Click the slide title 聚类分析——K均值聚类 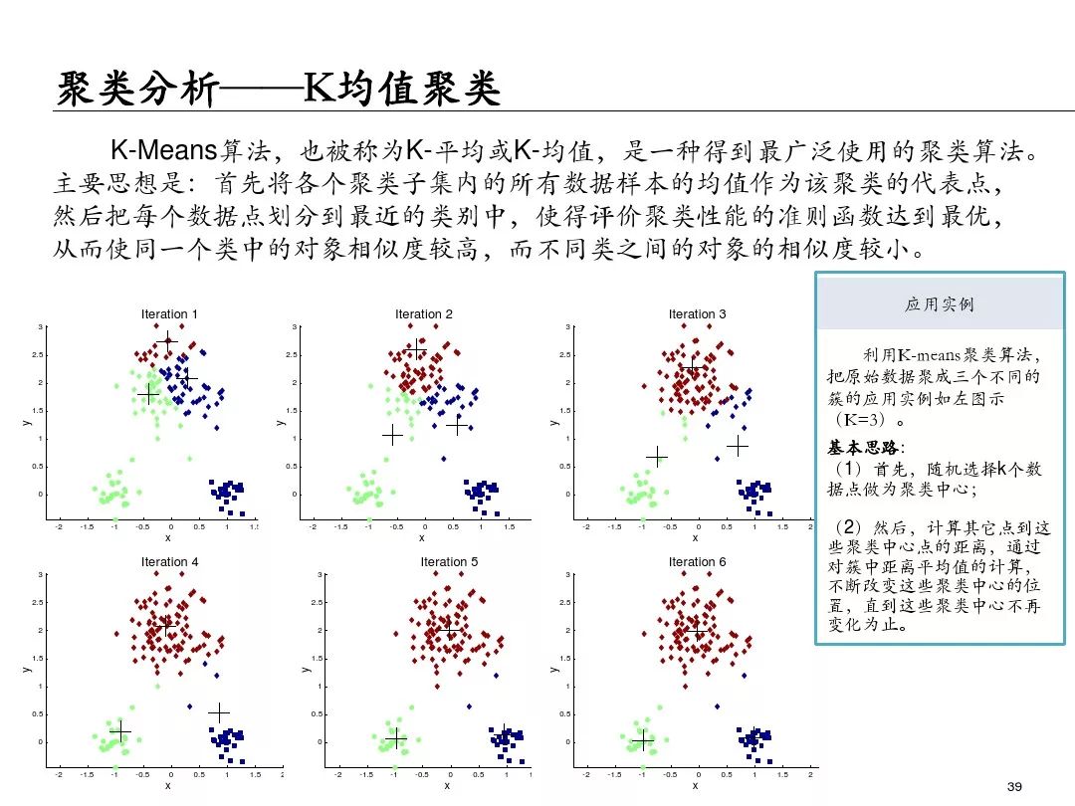tap(278, 90)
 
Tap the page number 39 tap(1015, 787)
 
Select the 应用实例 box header tap(939, 304)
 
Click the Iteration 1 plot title tap(169, 314)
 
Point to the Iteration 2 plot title tap(423, 314)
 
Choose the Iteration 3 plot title tap(697, 314)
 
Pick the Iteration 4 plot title tap(169, 562)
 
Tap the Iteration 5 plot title tap(449, 562)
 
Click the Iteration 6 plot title tap(697, 562)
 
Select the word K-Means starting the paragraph tap(163, 151)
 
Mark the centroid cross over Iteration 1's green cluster tap(148, 395)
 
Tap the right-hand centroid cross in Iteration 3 tap(737, 446)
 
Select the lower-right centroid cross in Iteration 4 tap(218, 712)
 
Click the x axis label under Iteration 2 tap(422, 538)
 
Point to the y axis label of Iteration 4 tap(28, 669)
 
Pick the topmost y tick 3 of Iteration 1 tap(41, 327)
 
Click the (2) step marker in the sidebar tap(846, 526)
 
